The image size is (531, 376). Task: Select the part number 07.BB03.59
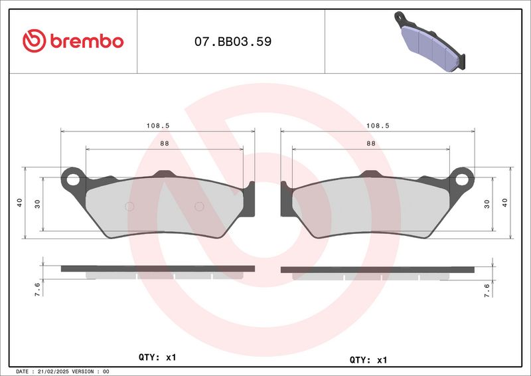(233, 41)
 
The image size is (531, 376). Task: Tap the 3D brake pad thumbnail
(429, 41)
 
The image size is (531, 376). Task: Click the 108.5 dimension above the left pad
(158, 126)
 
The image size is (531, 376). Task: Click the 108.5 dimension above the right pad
(378, 126)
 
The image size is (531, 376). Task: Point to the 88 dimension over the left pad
(165, 143)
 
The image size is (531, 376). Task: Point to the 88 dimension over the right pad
(371, 143)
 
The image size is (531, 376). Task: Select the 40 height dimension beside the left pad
(20, 203)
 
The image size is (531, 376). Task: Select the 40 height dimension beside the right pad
(505, 203)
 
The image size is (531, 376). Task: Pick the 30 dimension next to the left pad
(37, 204)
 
